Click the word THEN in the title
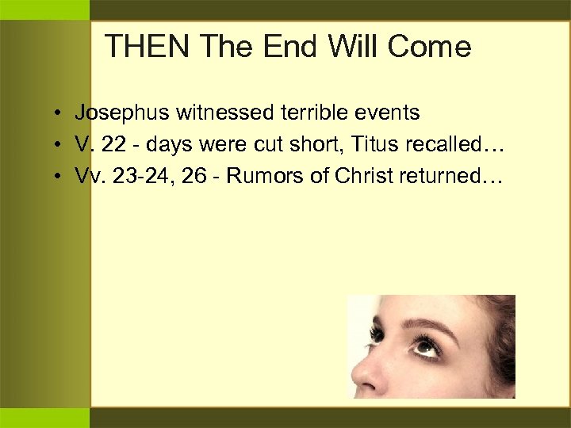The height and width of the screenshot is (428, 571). coord(148,48)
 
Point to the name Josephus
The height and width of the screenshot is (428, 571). coord(122,113)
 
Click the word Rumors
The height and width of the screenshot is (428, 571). coord(257,176)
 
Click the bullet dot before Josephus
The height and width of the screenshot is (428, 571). coord(59,114)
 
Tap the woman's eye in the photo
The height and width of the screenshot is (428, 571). coord(427,346)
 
